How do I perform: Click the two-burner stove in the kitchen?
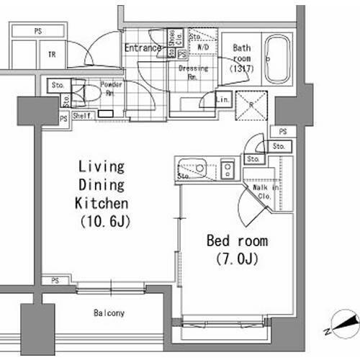point(228,170)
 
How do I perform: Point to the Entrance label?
point(142,48)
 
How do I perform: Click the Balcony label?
point(109,313)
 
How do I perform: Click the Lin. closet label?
point(223,99)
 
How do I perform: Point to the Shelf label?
point(81,114)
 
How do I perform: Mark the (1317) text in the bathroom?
point(241,69)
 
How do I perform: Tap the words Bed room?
point(237,240)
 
